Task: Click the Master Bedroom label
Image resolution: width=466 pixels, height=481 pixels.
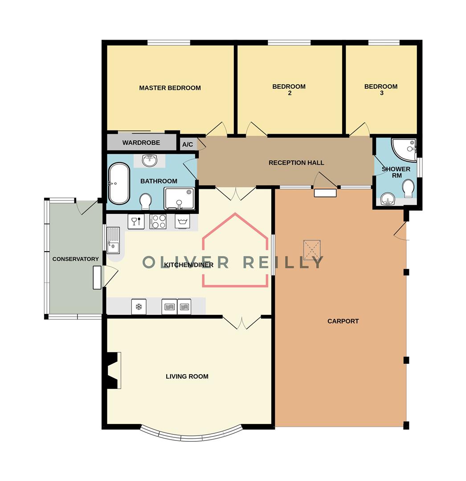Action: point(170,88)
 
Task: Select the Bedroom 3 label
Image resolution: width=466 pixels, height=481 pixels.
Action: point(381,90)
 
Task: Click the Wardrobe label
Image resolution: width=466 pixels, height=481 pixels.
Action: point(141,143)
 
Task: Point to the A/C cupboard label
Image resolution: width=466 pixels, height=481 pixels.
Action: point(188,144)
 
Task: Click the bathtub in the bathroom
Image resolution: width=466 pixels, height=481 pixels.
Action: point(119,183)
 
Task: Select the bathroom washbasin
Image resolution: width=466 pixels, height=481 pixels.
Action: point(150,160)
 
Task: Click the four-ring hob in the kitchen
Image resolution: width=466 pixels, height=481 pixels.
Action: point(158,221)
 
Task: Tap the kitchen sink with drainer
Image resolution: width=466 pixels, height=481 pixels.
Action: point(113,239)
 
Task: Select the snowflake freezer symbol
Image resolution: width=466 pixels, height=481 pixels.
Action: point(139,306)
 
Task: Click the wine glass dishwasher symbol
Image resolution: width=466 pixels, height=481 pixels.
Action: point(136,221)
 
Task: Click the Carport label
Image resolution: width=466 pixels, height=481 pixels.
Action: point(343,321)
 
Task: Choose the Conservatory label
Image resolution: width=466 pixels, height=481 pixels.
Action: point(75,259)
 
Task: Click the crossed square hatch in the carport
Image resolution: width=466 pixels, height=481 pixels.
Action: point(312,250)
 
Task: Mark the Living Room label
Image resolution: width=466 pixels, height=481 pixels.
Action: point(187,377)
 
